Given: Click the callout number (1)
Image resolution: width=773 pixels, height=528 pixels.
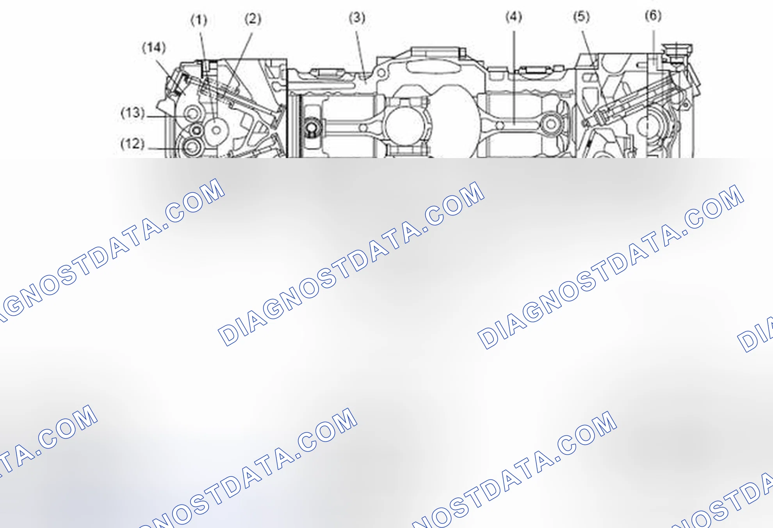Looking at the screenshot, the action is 199,20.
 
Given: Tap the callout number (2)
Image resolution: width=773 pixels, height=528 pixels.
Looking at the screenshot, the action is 253,19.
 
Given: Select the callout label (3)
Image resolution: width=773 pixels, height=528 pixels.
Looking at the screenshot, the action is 357,18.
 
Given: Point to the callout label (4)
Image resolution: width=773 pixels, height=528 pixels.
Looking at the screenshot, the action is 514,17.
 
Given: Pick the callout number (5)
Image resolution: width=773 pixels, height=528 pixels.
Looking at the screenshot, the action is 581,17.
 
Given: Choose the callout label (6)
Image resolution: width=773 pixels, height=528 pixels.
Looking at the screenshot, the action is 653,16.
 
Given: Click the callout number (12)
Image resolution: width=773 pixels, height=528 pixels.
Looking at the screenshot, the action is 133,144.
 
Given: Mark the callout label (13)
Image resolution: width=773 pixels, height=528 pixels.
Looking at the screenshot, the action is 133,113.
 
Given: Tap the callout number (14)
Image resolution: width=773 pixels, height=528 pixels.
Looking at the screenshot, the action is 154,48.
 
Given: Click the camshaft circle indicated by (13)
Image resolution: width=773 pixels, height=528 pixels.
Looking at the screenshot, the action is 192,114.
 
